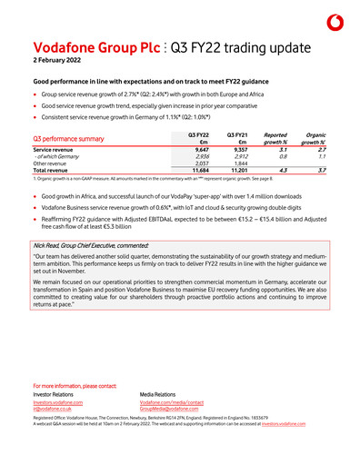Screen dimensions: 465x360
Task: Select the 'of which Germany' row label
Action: (x=58, y=156)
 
